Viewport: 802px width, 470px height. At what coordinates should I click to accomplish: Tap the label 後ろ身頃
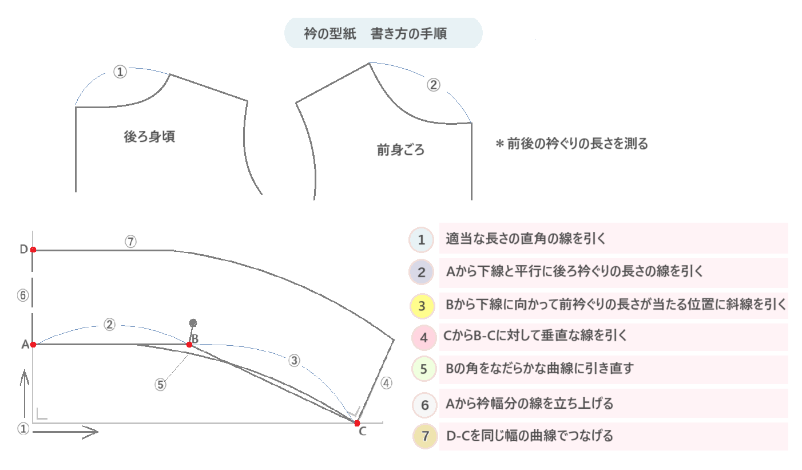point(149,137)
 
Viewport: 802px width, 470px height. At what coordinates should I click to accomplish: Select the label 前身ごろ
point(400,150)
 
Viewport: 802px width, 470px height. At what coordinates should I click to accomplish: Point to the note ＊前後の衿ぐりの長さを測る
point(571,144)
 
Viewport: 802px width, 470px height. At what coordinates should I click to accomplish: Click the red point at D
point(33,250)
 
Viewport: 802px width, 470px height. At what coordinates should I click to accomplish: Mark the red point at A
point(33,345)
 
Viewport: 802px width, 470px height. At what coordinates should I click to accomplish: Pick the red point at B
point(189,345)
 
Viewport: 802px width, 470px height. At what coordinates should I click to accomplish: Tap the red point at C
point(357,423)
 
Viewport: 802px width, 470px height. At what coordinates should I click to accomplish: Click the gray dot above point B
point(193,323)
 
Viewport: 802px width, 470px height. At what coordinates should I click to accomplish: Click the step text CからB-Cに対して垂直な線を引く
point(535,336)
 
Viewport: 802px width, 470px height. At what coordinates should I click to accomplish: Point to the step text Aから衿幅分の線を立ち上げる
point(529,404)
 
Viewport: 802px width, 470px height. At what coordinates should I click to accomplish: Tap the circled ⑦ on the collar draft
point(130,242)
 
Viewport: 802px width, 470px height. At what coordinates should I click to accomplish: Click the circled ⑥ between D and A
point(23,296)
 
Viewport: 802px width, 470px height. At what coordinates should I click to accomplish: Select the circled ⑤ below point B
point(161,385)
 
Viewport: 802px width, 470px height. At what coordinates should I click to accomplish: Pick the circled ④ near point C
point(387,384)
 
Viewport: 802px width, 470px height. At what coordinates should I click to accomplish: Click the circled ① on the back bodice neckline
point(120,72)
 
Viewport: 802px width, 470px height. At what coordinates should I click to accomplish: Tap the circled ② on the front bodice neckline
point(434,85)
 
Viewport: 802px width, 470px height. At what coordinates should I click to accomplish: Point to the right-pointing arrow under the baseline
point(66,432)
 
